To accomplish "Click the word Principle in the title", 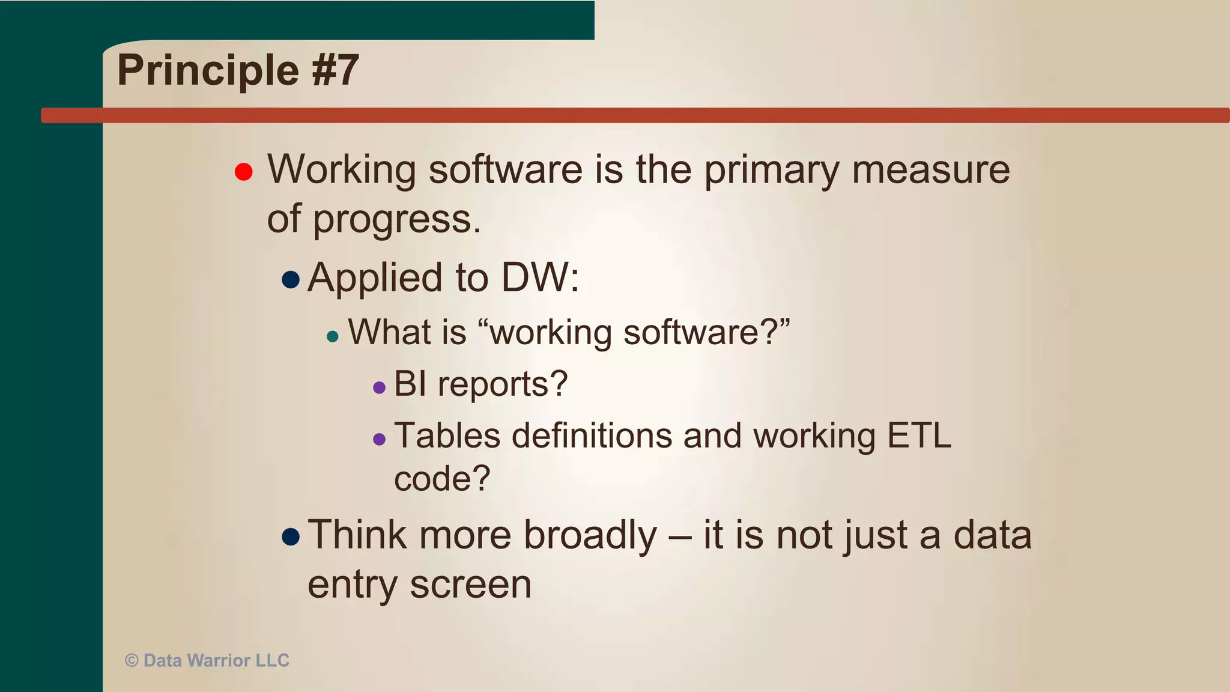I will coord(208,71).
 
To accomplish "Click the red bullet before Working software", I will coord(243,172).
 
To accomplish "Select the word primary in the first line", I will coord(771,171).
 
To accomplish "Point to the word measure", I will coord(931,171).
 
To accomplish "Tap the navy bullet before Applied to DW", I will coord(291,279).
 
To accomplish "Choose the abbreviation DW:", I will coord(540,278).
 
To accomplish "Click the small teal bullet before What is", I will coord(333,336).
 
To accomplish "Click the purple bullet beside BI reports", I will coord(379,387).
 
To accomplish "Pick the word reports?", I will coord(502,384).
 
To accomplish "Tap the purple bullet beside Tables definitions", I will coord(379,439).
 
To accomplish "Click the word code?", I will coord(442,479).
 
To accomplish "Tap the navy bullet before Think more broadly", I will coord(291,536).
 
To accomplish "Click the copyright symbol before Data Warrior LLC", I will coord(132,661).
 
